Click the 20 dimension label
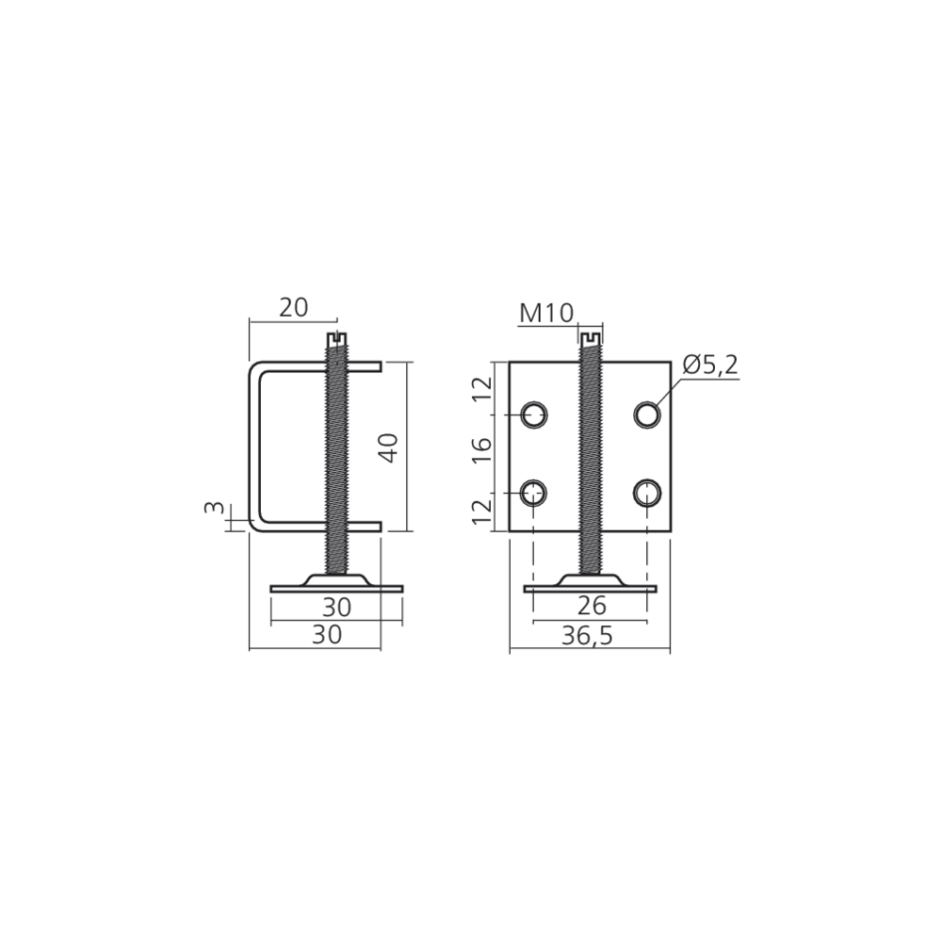(294, 308)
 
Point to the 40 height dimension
(390, 447)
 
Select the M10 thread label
(546, 313)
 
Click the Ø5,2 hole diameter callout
(710, 365)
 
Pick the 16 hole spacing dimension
(481, 450)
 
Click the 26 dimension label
(592, 606)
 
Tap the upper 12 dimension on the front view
(481, 391)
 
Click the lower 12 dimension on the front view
(481, 512)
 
